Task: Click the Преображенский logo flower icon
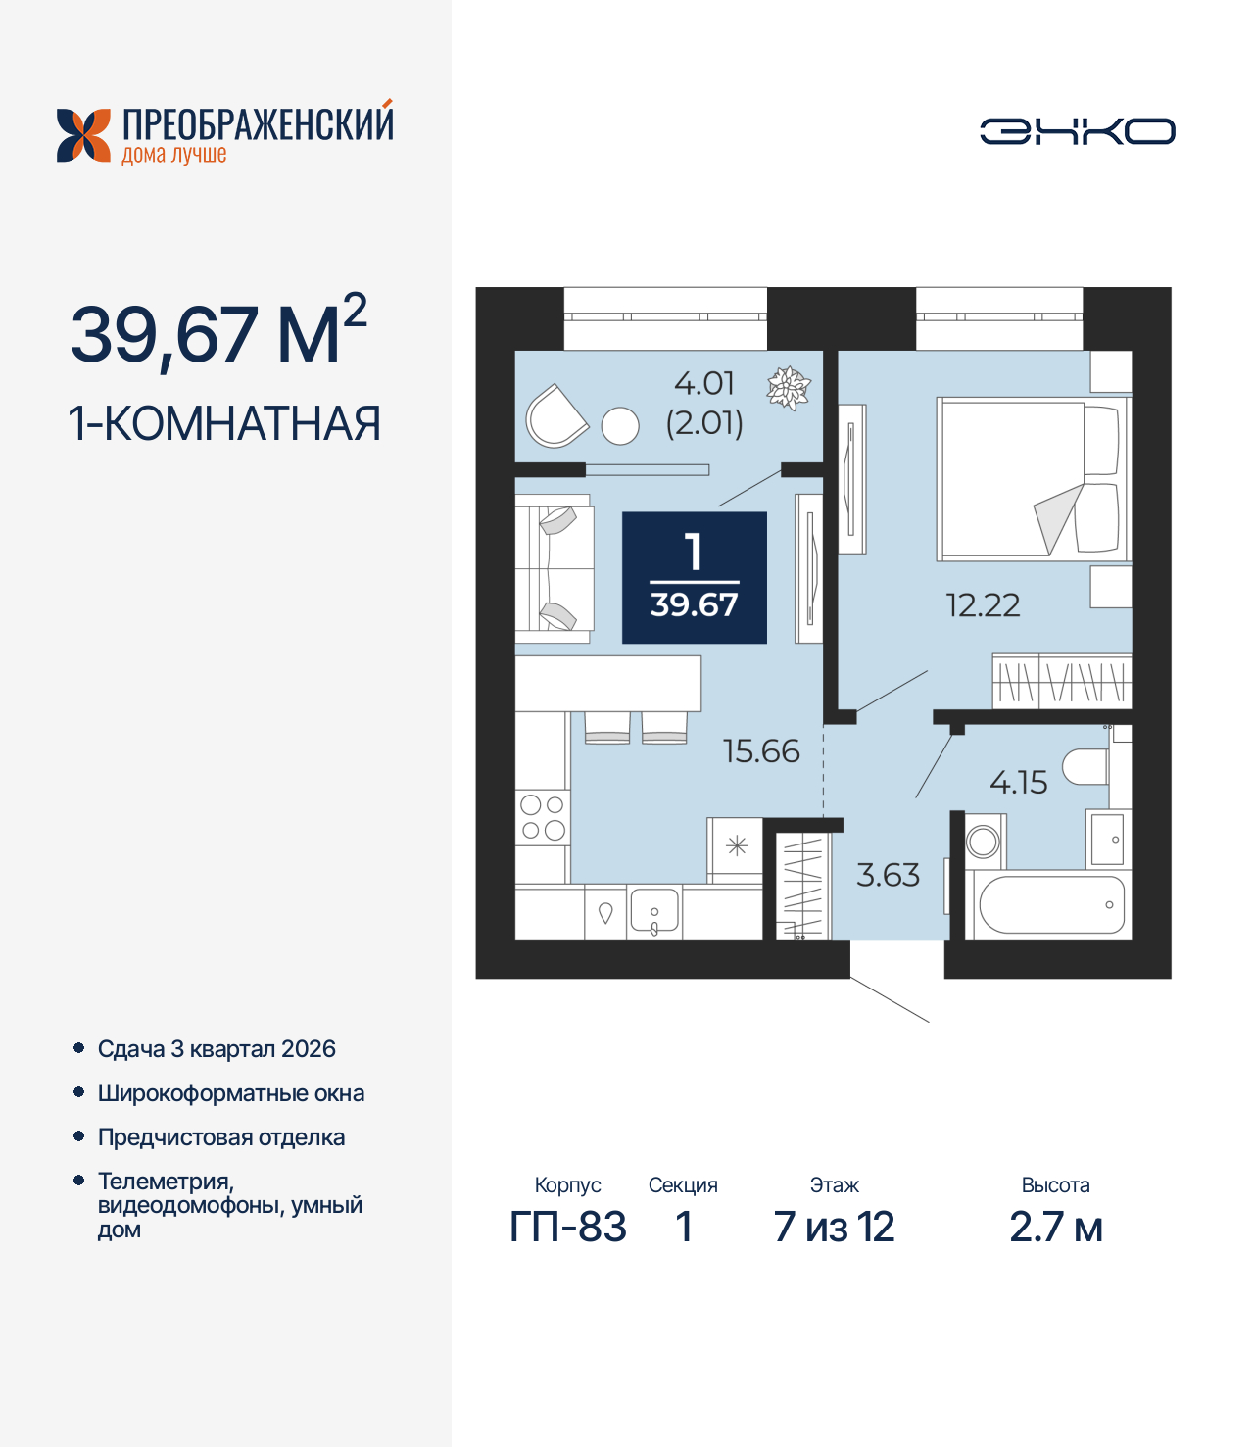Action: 83,135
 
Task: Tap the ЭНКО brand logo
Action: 1077,131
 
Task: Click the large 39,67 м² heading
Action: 217,333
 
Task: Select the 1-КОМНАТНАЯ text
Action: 224,423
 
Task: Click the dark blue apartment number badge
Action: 694,578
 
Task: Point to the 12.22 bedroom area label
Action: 983,605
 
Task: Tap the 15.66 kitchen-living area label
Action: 761,751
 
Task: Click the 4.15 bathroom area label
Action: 1018,783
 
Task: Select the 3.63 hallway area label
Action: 888,875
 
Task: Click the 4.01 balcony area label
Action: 704,383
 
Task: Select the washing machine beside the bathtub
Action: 984,842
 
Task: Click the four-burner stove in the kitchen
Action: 542,818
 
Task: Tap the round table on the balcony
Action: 619,426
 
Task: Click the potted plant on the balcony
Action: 788,388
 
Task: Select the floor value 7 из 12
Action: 834,1227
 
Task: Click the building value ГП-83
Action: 567,1227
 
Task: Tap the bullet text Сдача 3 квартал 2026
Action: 217,1049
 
